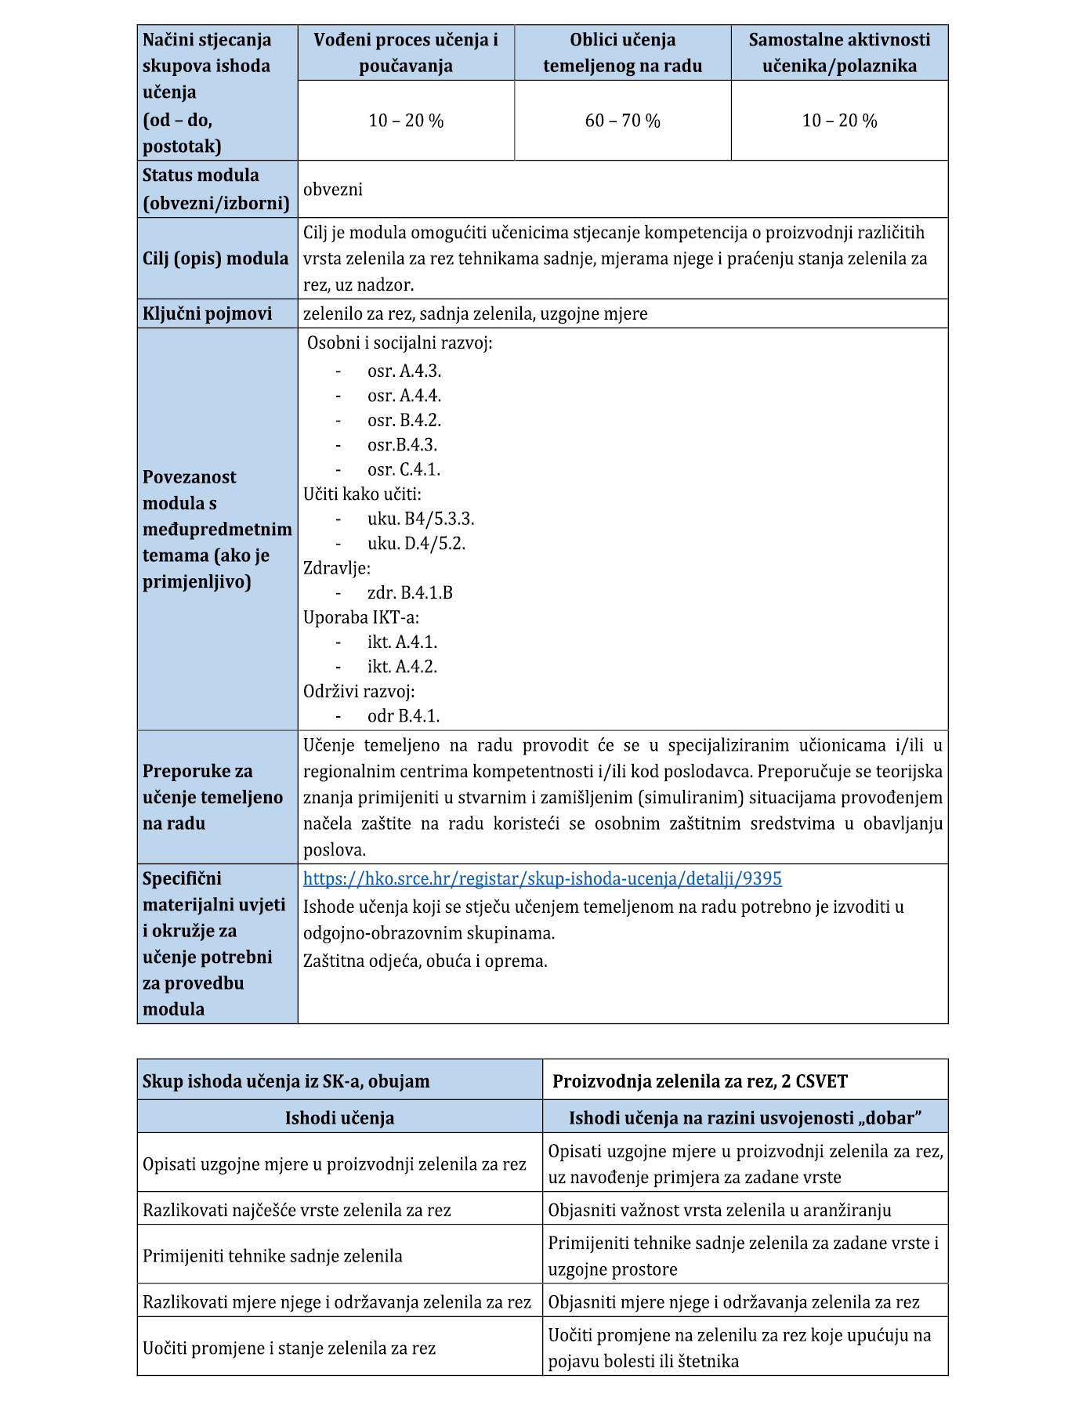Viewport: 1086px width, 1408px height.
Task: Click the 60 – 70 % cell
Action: point(622,121)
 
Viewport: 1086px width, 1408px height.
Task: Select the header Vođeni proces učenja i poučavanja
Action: point(406,52)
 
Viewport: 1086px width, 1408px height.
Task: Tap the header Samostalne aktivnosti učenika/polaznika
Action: point(839,52)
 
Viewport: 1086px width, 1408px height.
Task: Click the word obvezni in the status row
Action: point(333,190)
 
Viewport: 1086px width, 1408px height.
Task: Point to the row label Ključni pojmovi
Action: point(208,314)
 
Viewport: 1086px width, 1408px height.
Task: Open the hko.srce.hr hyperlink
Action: point(542,878)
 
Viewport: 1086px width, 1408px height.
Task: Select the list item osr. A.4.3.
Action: point(404,371)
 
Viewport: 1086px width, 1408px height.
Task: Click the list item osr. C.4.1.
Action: point(404,470)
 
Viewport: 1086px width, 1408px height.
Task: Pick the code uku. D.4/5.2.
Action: point(416,544)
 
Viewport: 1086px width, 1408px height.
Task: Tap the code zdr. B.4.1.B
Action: point(410,593)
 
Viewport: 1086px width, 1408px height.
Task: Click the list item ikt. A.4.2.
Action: point(402,667)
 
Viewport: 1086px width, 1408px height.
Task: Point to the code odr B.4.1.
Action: point(404,716)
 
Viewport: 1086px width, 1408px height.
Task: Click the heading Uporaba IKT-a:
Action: point(361,617)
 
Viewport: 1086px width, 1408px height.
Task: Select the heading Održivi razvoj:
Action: point(359,691)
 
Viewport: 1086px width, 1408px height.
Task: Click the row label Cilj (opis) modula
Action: point(215,259)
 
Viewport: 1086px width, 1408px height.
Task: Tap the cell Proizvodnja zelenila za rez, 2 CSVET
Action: point(700,1081)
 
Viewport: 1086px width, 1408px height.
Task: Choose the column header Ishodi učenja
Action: point(339,1118)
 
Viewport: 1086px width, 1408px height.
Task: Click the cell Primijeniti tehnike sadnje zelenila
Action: point(273,1256)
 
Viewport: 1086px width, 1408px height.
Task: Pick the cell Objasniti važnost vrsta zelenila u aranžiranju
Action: point(719,1210)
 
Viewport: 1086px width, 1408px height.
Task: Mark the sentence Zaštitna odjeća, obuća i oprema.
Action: point(425,961)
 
